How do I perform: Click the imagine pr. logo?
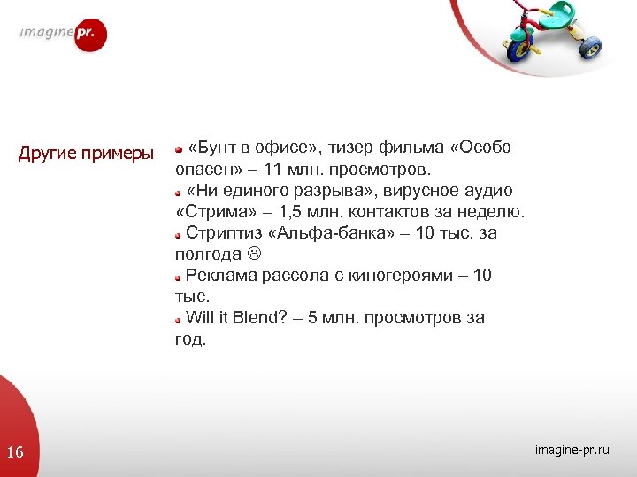pyautogui.click(x=63, y=34)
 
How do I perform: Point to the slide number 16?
pyautogui.click(x=15, y=453)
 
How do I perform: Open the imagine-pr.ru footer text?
pyautogui.click(x=572, y=450)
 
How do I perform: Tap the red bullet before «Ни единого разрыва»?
pyautogui.click(x=178, y=192)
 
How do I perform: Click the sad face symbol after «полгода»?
pyautogui.click(x=253, y=254)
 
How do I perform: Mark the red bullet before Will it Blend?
pyautogui.click(x=178, y=320)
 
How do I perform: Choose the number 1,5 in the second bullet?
pyautogui.click(x=288, y=212)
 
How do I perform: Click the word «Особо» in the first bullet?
pyautogui.click(x=481, y=147)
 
